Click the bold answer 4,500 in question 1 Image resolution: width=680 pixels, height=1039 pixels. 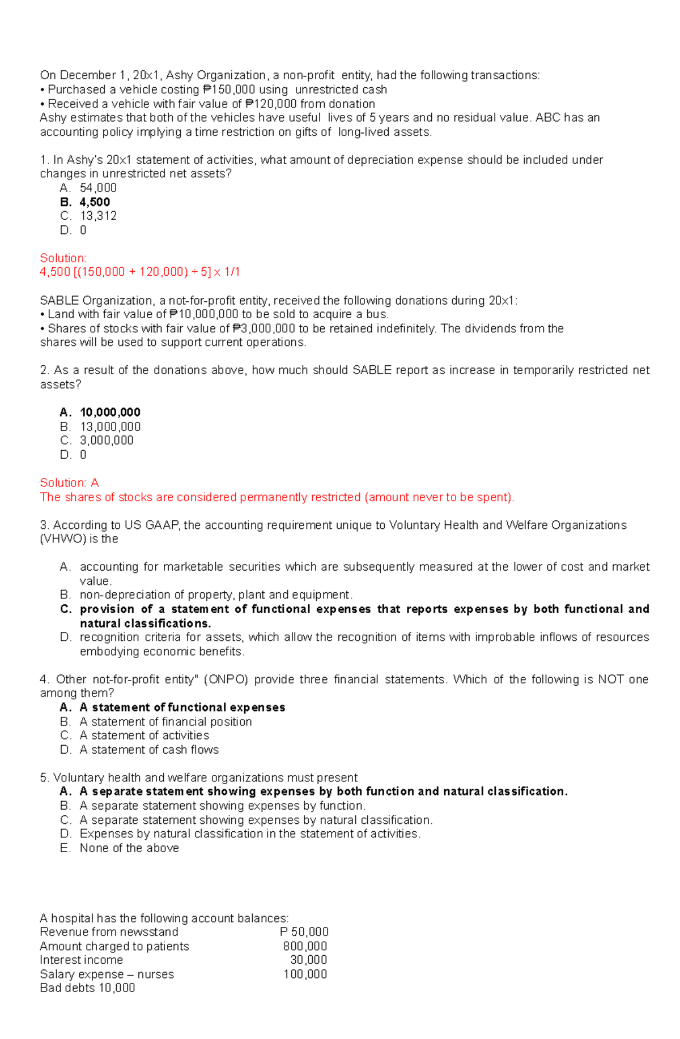tap(95, 202)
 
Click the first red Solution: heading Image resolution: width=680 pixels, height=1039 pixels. tap(63, 258)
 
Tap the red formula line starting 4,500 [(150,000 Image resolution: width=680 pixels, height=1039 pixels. tap(139, 272)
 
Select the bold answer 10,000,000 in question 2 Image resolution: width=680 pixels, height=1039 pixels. tap(110, 412)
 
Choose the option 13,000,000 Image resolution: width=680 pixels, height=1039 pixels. tap(110, 426)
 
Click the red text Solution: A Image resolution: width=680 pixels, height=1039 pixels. tap(69, 483)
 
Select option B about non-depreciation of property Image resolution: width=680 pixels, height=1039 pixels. tap(216, 595)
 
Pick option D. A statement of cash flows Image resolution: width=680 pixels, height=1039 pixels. tap(148, 750)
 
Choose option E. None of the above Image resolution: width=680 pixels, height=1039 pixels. tap(129, 848)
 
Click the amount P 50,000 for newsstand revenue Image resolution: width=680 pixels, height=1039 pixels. tap(304, 932)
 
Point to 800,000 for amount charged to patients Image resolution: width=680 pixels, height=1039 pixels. tap(305, 946)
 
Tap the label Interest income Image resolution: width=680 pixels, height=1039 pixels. tap(81, 960)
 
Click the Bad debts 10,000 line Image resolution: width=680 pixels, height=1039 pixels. tap(87, 988)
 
